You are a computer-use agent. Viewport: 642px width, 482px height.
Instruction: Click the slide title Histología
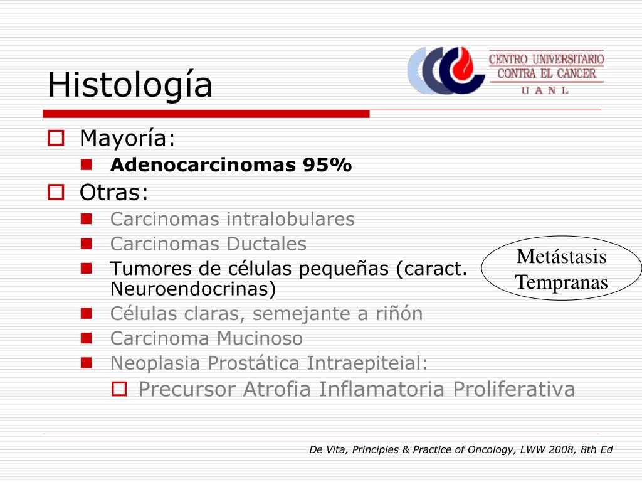pyautogui.click(x=130, y=85)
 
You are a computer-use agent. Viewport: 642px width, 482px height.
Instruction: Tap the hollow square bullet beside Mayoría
pyautogui.click(x=56, y=137)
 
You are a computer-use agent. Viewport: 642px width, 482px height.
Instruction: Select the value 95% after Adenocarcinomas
pyautogui.click(x=327, y=165)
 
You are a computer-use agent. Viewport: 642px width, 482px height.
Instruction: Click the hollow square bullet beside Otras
pyautogui.click(x=56, y=192)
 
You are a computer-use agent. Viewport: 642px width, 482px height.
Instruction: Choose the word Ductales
pyautogui.click(x=266, y=244)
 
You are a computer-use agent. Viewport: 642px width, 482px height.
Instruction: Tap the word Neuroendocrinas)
pyautogui.click(x=193, y=289)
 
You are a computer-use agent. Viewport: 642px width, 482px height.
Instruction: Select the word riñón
pyautogui.click(x=399, y=314)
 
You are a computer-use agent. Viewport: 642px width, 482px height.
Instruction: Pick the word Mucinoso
pyautogui.click(x=260, y=338)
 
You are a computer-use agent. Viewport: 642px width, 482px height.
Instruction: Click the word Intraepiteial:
pyautogui.click(x=367, y=363)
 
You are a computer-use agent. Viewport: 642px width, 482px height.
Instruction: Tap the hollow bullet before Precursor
pyautogui.click(x=119, y=389)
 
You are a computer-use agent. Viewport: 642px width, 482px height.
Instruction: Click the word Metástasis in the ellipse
pyautogui.click(x=561, y=257)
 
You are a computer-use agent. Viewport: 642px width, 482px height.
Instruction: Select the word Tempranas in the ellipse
pyautogui.click(x=561, y=282)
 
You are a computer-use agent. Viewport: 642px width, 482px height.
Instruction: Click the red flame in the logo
pyautogui.click(x=462, y=63)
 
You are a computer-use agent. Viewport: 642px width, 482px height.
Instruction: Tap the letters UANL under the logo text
pyautogui.click(x=545, y=90)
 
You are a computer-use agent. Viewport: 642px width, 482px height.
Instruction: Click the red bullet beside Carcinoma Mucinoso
pyautogui.click(x=87, y=338)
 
